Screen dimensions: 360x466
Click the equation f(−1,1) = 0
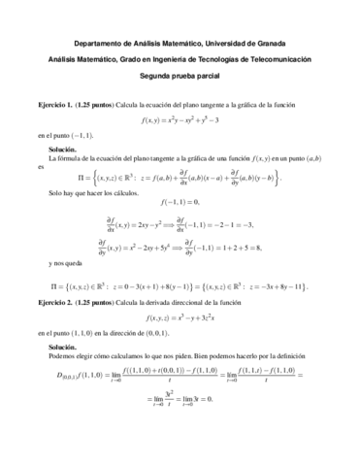pyautogui.click(x=180, y=201)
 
